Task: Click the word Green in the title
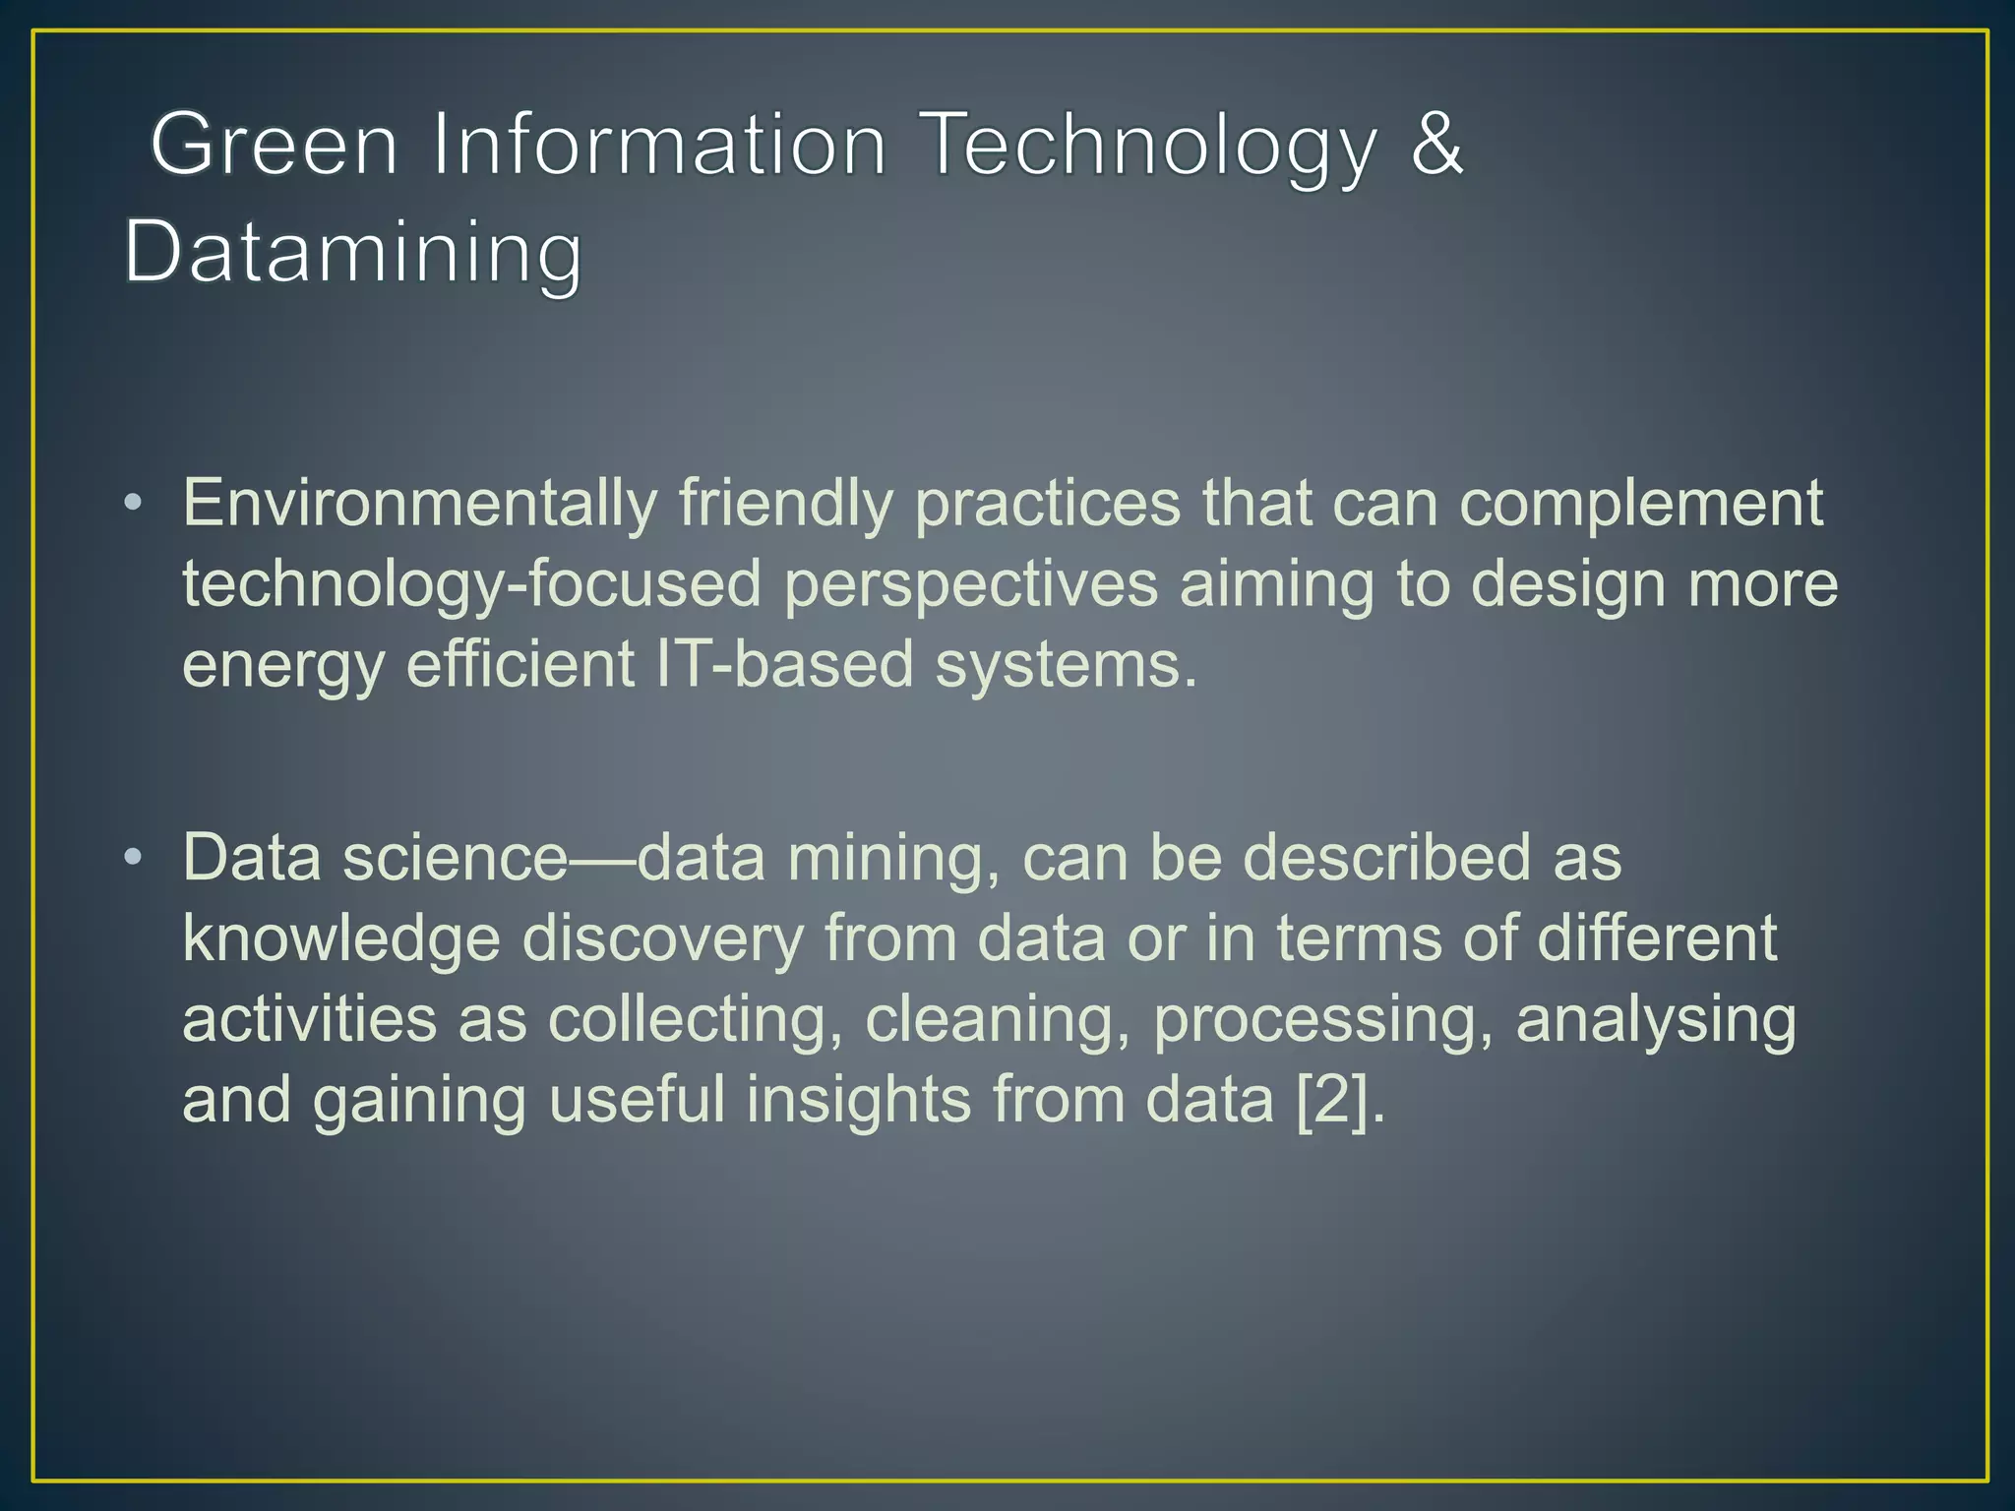(x=275, y=146)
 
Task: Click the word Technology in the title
(x=1151, y=146)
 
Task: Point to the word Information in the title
(x=660, y=146)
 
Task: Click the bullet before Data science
(x=133, y=858)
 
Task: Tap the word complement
(x=1641, y=504)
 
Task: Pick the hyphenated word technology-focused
(x=472, y=584)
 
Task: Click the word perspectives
(x=970, y=584)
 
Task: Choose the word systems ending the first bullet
(x=1066, y=666)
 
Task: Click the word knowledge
(x=341, y=938)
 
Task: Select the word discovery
(x=663, y=938)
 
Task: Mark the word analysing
(x=1656, y=1019)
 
